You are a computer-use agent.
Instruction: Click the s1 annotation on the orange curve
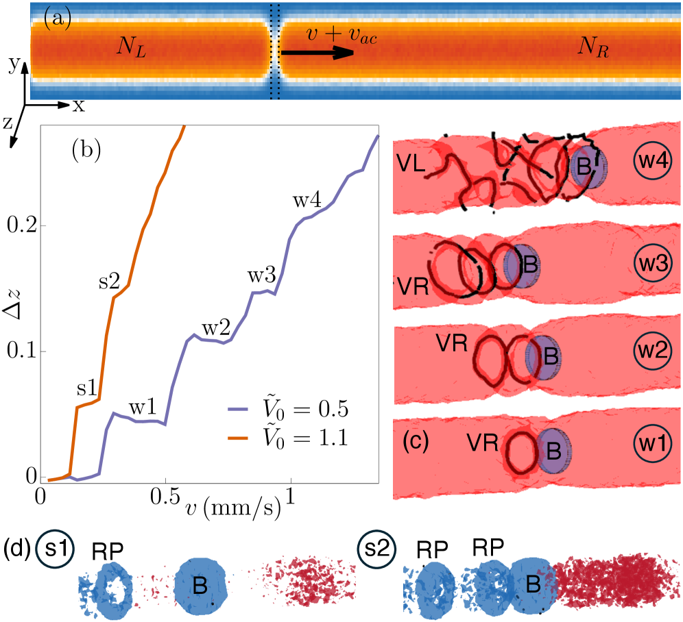[86, 388]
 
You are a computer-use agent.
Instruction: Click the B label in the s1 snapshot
[200, 586]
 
